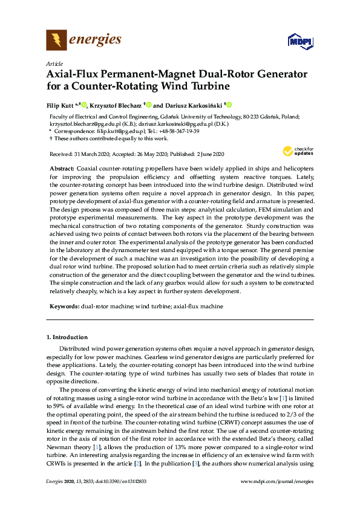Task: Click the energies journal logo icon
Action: tap(56, 41)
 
